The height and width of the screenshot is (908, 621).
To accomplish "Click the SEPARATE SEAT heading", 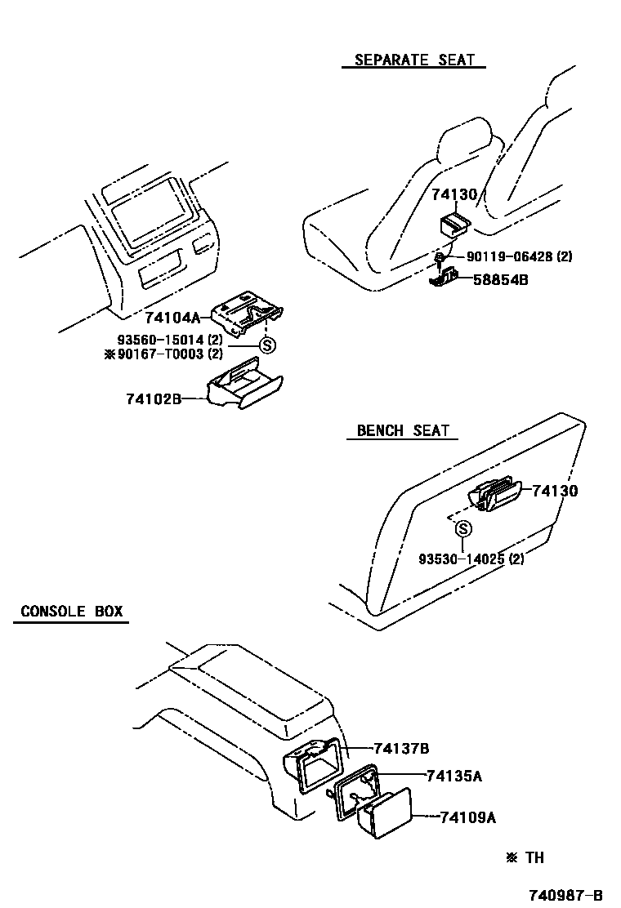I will pyautogui.click(x=414, y=60).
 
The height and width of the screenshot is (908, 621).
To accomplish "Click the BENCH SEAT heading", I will pyautogui.click(x=403, y=430).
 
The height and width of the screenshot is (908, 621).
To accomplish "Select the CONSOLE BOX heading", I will pyautogui.click(x=71, y=611).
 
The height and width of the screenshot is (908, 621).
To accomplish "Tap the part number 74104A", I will pyautogui.click(x=172, y=317).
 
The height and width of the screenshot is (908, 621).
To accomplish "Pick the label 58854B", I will pyautogui.click(x=500, y=280).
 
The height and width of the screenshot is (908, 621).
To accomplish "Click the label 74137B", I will pyautogui.click(x=401, y=748).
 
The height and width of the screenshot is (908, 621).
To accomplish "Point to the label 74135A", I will pyautogui.click(x=453, y=776).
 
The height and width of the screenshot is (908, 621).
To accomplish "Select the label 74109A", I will pyautogui.click(x=467, y=817).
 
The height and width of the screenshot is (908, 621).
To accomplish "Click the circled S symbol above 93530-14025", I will pyautogui.click(x=462, y=529).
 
